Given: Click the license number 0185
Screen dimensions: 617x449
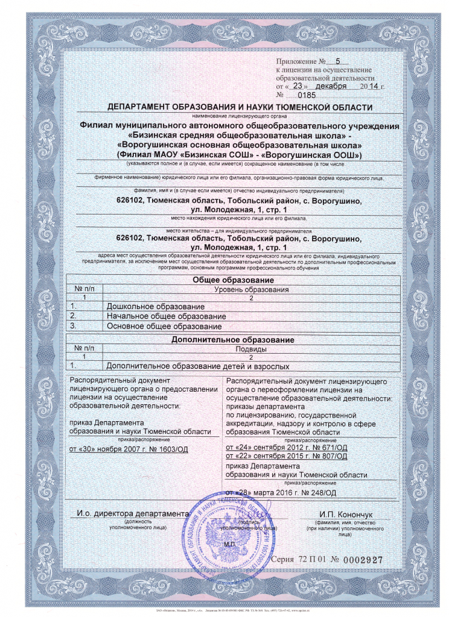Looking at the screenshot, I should coord(307,95).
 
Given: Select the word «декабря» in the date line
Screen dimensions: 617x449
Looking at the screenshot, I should coord(330,86).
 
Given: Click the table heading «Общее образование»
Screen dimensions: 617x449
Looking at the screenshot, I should coord(233,281).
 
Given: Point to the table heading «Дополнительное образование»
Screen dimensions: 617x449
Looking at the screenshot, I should coord(233,340).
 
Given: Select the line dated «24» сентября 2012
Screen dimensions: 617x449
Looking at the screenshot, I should coord(285,448).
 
